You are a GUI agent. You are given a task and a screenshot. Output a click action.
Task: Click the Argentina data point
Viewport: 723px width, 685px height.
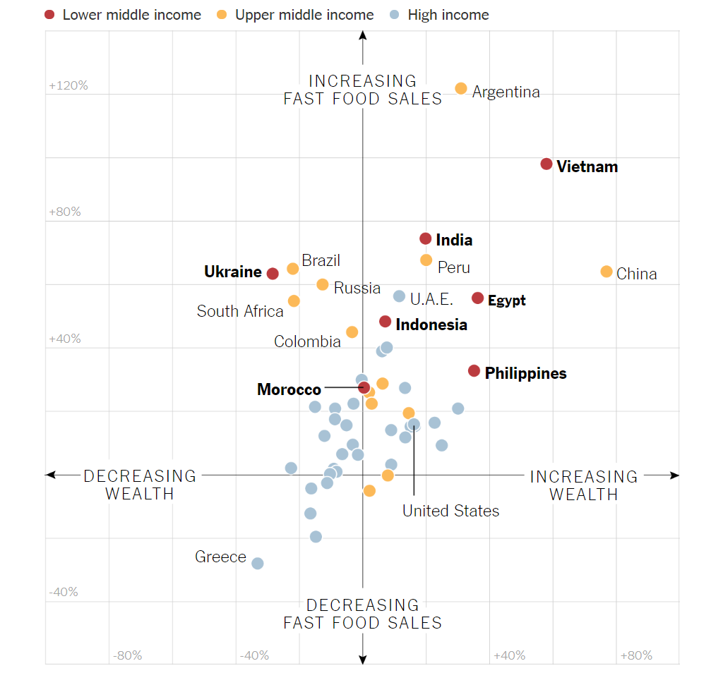point(461,88)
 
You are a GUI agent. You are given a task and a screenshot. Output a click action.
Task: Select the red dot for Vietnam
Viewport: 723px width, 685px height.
point(546,164)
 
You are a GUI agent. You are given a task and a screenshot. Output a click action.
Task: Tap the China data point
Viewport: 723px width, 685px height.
point(607,272)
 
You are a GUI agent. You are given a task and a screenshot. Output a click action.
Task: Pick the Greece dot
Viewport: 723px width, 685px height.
point(258,563)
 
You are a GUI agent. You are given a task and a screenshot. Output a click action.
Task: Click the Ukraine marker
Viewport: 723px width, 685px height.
point(273,273)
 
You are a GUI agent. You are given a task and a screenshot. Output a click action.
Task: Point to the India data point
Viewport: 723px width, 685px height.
point(426,238)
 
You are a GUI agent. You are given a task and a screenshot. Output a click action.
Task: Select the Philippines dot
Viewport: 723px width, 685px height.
point(474,371)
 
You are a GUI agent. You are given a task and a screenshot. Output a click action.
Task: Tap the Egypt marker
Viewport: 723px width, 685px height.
point(478,298)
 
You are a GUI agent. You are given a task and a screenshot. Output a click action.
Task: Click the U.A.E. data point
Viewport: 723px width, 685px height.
point(400,296)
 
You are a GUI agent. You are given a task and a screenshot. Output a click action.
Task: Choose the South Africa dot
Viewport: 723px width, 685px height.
point(294,301)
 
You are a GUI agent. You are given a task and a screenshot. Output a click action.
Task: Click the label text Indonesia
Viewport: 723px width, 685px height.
point(431,325)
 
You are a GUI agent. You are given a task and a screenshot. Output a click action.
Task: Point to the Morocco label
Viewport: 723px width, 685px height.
point(289,389)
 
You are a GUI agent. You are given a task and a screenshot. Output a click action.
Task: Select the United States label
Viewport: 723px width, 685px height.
point(450,511)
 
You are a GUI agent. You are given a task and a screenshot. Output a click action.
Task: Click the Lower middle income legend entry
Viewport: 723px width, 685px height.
point(123,15)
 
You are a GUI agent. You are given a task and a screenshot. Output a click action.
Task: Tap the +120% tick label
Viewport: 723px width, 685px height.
point(68,86)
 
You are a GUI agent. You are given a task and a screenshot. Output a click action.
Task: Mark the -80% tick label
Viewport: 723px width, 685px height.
point(127,656)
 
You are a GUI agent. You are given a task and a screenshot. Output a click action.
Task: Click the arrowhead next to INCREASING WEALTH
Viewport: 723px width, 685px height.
point(674,475)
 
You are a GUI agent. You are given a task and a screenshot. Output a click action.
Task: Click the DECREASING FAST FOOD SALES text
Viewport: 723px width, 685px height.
point(362,614)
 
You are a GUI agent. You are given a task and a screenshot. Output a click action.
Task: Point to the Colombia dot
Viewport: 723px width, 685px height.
point(352,332)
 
